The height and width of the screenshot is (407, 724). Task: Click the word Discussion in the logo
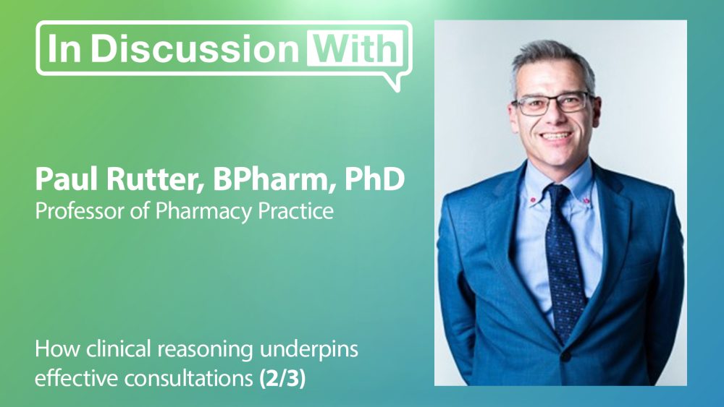(194, 48)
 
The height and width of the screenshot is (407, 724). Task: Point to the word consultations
(189, 379)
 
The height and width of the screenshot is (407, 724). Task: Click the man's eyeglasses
(552, 103)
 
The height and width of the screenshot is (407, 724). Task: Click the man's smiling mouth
(555, 137)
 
